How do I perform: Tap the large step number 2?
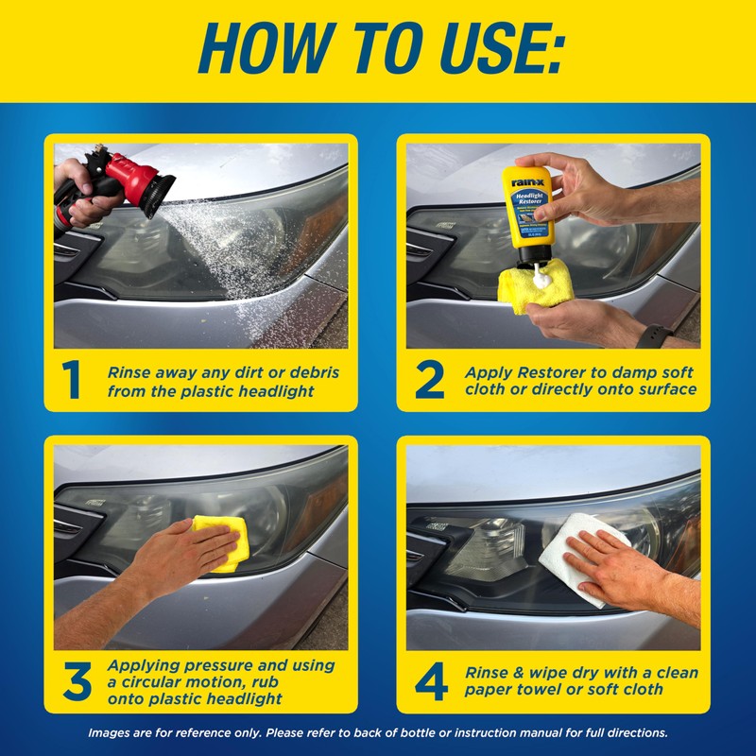[429, 380]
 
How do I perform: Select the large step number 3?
[77, 682]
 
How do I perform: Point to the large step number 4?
[431, 682]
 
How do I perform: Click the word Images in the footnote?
[112, 732]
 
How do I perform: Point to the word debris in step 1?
[308, 372]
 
